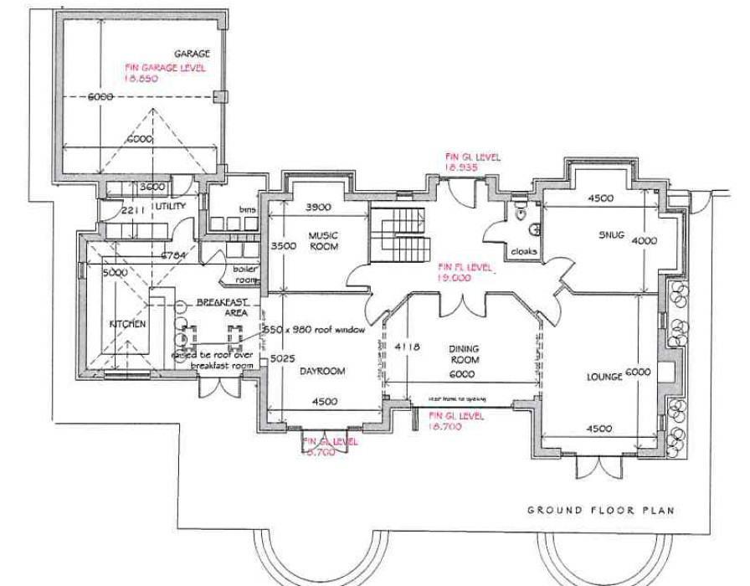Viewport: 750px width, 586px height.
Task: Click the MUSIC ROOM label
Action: click(322, 241)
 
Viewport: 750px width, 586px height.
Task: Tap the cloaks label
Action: click(524, 251)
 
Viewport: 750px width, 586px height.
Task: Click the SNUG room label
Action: click(613, 235)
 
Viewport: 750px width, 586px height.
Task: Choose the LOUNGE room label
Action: click(604, 377)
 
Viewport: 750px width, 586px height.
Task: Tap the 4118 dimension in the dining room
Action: click(407, 345)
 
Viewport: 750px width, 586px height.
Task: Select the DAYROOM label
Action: click(323, 372)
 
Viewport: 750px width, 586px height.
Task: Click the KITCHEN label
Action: click(127, 323)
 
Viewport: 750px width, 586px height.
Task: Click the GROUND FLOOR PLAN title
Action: click(600, 510)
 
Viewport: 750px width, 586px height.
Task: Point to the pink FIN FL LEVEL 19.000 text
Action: click(464, 271)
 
